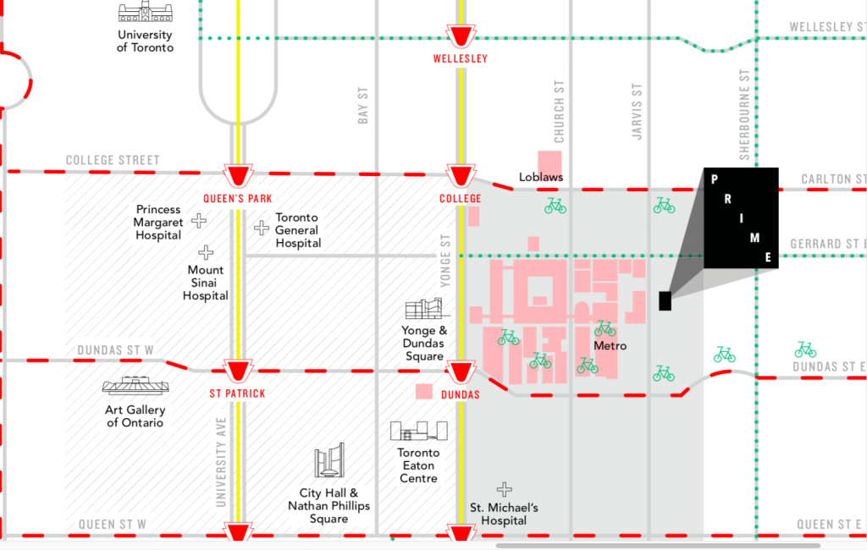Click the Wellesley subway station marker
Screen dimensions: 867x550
point(461,36)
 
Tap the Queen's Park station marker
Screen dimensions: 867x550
point(238,176)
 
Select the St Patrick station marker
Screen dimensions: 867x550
point(238,371)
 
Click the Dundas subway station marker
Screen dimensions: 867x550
point(461,372)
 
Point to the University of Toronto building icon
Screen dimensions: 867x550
point(146,12)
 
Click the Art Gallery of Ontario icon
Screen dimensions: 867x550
point(135,385)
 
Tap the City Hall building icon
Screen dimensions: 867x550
point(329,460)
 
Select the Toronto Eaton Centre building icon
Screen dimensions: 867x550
point(418,431)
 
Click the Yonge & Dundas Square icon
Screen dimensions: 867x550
point(425,309)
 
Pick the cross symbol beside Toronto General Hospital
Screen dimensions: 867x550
point(261,227)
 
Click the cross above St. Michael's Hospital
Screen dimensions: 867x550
point(505,489)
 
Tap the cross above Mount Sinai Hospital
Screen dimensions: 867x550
point(206,253)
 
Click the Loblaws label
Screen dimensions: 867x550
point(541,178)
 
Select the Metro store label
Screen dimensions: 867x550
point(610,346)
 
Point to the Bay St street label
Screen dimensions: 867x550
point(362,105)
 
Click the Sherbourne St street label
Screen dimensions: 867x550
point(744,114)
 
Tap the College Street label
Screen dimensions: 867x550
point(113,160)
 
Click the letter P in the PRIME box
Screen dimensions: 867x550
point(715,179)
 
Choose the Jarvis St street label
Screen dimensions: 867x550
point(637,112)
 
